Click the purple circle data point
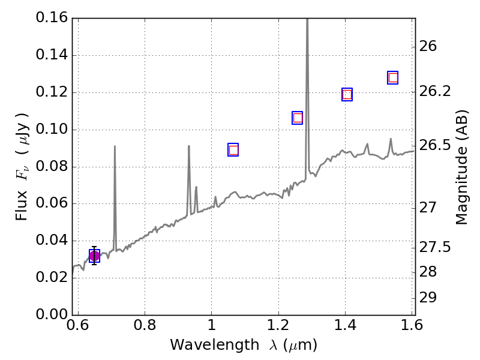click(94, 256)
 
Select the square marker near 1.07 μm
click(233, 150)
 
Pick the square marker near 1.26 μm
click(297, 118)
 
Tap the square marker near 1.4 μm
click(347, 94)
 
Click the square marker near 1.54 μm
click(393, 77)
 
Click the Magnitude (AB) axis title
click(461, 167)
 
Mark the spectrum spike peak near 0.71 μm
click(115, 146)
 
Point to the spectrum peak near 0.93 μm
click(189, 146)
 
